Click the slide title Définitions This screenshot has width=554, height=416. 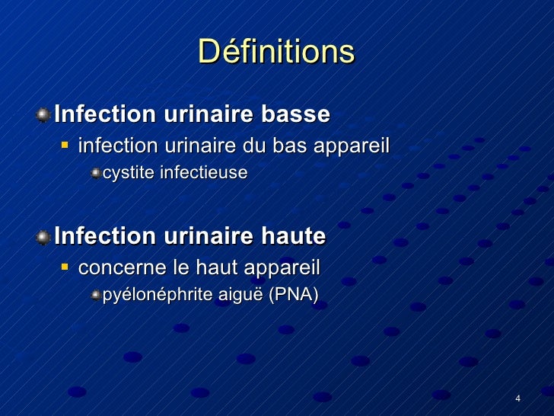tap(276, 53)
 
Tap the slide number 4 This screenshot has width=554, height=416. tap(517, 400)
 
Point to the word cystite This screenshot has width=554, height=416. tap(126, 173)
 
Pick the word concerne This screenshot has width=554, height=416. tap(116, 268)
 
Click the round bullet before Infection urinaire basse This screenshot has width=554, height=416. tap(45, 116)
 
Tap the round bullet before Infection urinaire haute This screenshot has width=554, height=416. tap(45, 237)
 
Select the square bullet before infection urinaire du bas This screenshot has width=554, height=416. tap(65, 144)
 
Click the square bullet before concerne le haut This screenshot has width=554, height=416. tap(65, 267)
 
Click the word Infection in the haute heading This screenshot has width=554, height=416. tap(104, 236)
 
